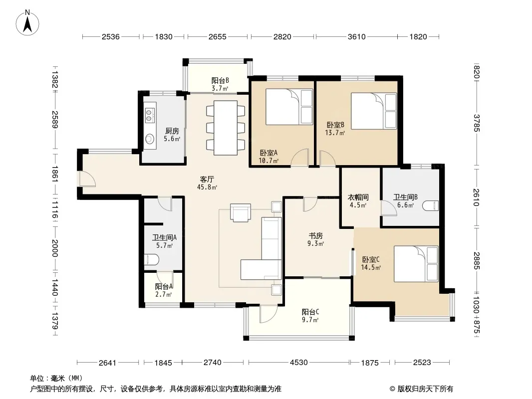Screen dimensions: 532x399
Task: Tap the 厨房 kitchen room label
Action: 172,131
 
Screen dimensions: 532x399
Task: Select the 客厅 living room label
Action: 207,180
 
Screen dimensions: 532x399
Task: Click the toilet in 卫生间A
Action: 152,260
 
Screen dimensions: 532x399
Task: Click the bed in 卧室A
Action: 289,107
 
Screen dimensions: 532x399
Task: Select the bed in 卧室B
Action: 374,111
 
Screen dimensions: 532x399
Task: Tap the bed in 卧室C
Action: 416,264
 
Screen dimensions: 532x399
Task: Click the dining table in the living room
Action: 226,128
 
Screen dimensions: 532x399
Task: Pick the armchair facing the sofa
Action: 241,212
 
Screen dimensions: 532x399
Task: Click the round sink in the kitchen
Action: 149,139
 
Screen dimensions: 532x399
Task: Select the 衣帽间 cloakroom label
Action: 358,198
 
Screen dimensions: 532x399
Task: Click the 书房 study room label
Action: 315,235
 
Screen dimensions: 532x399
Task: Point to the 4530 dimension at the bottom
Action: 298,363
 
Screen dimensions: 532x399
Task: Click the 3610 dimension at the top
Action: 357,36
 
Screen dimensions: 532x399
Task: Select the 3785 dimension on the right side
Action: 477,123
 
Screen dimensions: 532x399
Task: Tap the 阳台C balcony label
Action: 310,312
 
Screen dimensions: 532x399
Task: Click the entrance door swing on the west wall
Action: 86,179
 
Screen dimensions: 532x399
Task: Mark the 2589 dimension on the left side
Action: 55,120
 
